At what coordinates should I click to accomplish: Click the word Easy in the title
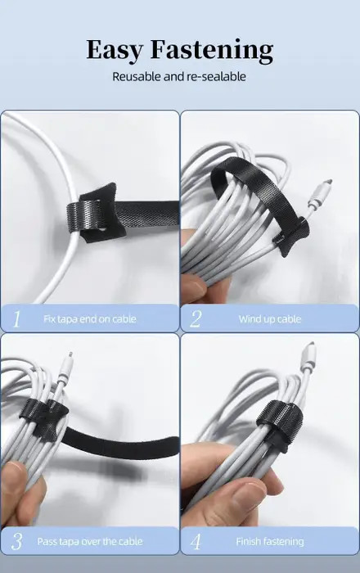coord(115,50)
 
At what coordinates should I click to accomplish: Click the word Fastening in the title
coord(212,50)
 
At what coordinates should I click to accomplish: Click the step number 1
coord(16,318)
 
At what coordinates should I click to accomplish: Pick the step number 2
coord(196,318)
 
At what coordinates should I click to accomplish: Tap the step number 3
coord(17,541)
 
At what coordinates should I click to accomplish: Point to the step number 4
coord(196,541)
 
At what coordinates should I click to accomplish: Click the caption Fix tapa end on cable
coord(90,319)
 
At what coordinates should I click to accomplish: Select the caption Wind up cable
coord(270,319)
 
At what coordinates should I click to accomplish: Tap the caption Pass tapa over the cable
coord(90,541)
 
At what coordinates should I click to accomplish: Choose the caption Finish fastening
coord(270,541)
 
